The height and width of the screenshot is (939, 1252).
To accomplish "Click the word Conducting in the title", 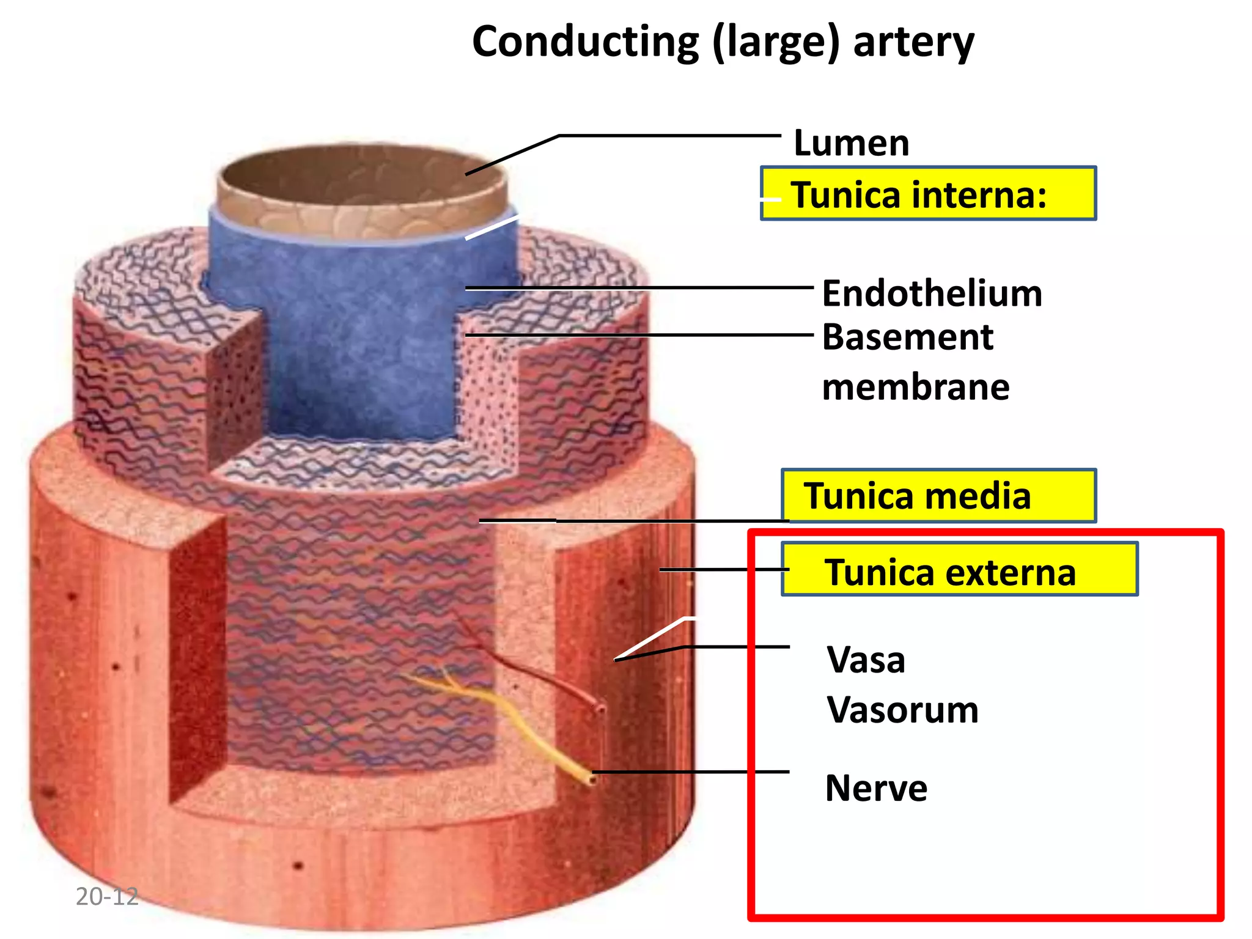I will (x=585, y=43).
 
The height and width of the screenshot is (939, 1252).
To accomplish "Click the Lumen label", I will (x=851, y=143).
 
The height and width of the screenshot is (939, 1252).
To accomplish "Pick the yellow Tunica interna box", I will (x=928, y=194).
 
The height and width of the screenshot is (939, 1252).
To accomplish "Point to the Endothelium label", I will (x=932, y=293).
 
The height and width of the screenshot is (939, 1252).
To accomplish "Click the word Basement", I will (x=907, y=337).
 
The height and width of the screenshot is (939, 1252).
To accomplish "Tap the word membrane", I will (x=915, y=388).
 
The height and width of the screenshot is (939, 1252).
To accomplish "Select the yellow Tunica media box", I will (x=938, y=496).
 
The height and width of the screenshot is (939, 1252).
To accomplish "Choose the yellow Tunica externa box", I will (x=959, y=569).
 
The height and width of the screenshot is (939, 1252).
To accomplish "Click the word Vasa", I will (x=866, y=660).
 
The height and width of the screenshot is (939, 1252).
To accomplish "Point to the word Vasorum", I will (x=902, y=710).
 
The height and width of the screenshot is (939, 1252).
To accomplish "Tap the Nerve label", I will (x=875, y=788).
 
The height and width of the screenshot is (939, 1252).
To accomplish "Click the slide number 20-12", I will (x=107, y=897).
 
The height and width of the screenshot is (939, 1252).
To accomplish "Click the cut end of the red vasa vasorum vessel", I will (x=600, y=709).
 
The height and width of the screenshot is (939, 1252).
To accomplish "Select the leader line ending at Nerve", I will (x=691, y=772).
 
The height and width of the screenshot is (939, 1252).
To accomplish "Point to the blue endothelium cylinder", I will (x=361, y=342).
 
